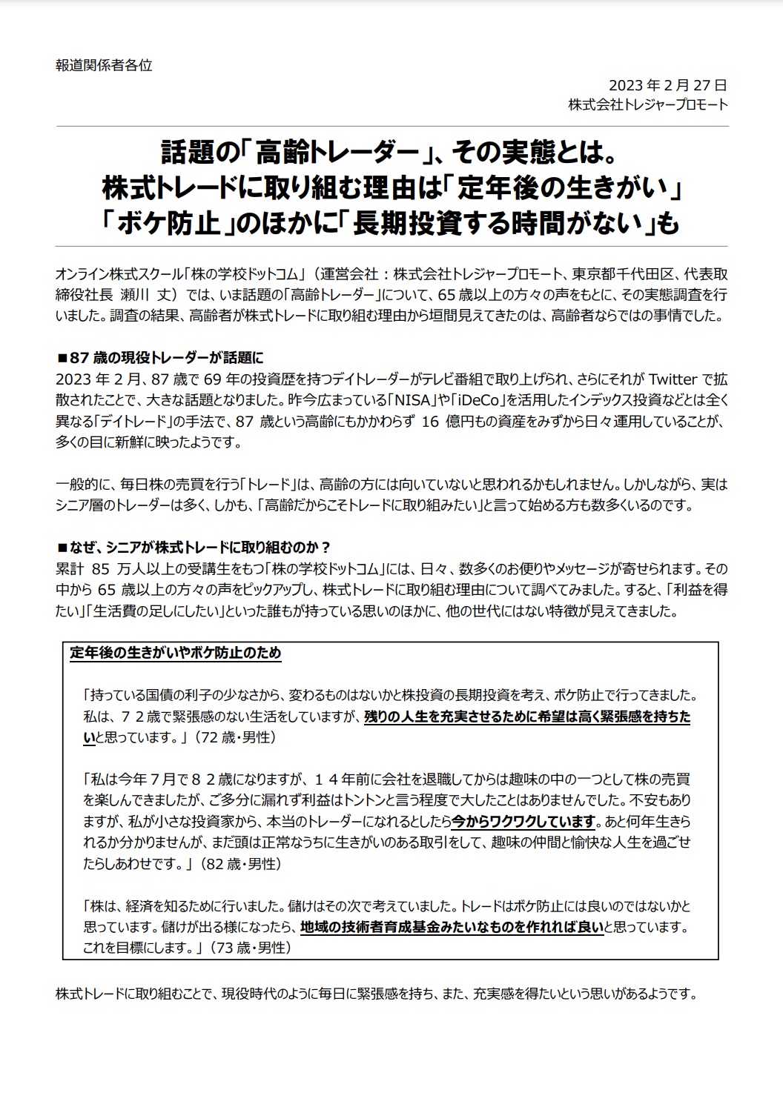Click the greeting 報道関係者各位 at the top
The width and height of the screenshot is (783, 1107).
[104, 65]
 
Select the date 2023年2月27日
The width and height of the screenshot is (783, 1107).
[667, 85]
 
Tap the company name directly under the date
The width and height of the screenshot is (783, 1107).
[648, 104]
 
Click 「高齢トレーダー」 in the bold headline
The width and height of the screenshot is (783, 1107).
[337, 153]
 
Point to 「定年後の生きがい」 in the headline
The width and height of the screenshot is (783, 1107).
[562, 188]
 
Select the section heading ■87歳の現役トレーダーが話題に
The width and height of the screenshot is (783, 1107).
[160, 358]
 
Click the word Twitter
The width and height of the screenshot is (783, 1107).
[673, 379]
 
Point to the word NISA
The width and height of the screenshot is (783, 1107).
[412, 400]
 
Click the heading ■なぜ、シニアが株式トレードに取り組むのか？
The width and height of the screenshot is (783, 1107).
[194, 548]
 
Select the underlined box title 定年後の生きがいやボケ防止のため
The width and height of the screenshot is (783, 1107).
[176, 653]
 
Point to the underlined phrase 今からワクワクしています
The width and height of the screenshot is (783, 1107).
[524, 821]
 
